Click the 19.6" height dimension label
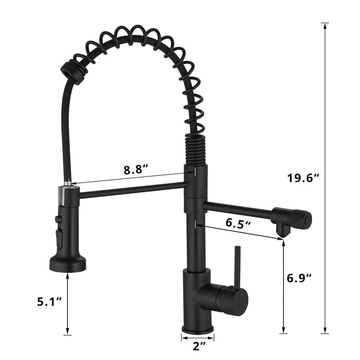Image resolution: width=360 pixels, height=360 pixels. click(x=303, y=178)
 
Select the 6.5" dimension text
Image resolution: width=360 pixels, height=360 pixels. click(x=239, y=224)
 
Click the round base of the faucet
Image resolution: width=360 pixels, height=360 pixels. click(x=197, y=328)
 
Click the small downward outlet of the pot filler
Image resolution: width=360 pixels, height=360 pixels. click(x=281, y=232)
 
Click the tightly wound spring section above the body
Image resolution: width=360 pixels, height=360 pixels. click(x=192, y=149)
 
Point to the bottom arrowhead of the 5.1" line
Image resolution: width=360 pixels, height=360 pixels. click(x=67, y=332)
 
